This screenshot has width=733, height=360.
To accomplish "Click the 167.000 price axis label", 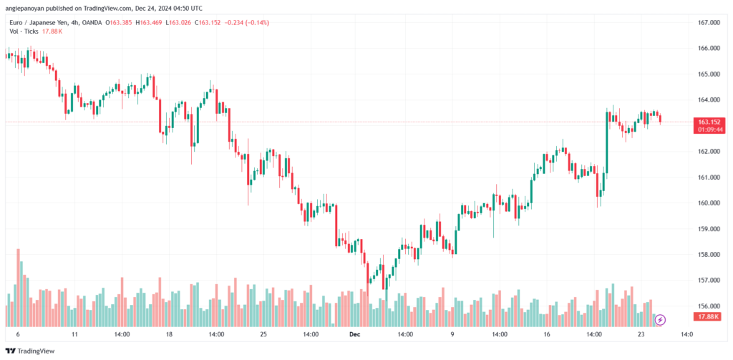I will (708, 23).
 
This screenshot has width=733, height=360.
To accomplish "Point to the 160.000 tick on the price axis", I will (708, 203).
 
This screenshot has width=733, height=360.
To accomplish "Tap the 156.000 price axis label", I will (708, 306).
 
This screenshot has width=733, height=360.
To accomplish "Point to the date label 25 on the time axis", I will (263, 334).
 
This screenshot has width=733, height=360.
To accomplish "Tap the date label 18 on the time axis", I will (169, 334).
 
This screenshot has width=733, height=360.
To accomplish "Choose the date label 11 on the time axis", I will (74, 334).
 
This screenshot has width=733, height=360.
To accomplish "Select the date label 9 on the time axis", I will (452, 334).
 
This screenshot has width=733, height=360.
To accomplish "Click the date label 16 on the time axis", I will (546, 334).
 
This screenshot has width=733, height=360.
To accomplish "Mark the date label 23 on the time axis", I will (641, 334).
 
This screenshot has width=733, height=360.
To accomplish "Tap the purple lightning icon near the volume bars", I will (661, 319).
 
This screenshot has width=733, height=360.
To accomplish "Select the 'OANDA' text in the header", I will (90, 22).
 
